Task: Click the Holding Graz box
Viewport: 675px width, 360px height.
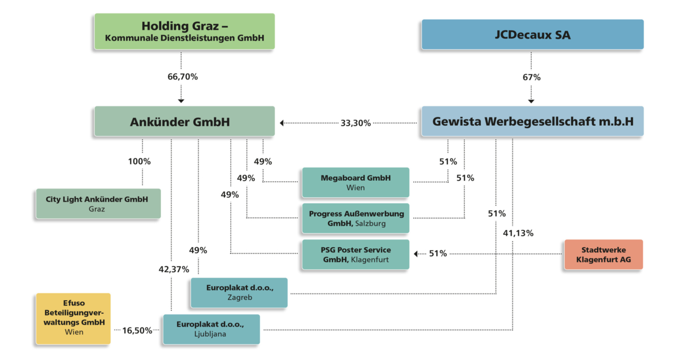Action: (184, 32)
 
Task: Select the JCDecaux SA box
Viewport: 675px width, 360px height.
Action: (532, 35)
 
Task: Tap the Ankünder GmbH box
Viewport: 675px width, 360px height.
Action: (184, 122)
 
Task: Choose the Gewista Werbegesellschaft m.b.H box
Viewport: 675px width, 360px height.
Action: (532, 122)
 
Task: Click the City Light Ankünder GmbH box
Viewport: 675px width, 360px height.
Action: (98, 204)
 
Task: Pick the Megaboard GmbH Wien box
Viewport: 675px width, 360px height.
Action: (356, 182)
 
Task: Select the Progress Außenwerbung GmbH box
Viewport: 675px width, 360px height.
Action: (356, 218)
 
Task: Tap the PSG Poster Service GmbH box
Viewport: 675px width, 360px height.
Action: (356, 255)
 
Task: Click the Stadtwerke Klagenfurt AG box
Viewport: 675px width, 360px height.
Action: (603, 255)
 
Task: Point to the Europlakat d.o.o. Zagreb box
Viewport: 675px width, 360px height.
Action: (239, 292)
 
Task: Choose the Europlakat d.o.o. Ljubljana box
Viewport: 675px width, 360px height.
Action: (211, 329)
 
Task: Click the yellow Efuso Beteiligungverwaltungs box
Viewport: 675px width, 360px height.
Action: (73, 318)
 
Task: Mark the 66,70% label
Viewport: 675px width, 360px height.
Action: (182, 77)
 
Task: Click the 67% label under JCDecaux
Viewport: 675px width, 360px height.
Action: (531, 77)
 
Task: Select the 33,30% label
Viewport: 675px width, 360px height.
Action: (356, 123)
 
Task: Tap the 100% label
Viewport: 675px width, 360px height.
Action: (139, 162)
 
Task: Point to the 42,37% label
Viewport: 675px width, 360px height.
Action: (174, 269)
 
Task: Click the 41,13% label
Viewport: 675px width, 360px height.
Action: (518, 233)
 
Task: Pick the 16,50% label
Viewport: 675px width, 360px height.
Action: (137, 330)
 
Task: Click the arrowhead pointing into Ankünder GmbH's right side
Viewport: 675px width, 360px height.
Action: (282, 123)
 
